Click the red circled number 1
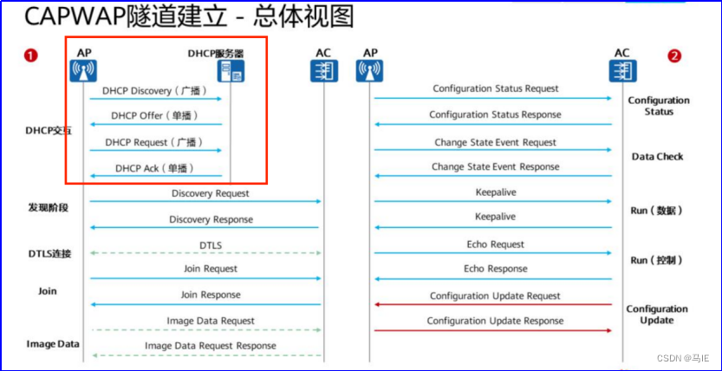(31, 56)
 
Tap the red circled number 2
(674, 56)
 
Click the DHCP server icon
(231, 71)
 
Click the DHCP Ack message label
(154, 168)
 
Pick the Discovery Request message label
(211, 193)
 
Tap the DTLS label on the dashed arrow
(211, 245)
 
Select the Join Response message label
(209, 295)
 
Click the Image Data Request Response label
(211, 346)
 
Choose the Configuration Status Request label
(496, 88)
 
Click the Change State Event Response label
(496, 166)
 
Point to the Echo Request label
(496, 244)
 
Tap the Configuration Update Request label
(496, 296)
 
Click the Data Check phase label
(657, 157)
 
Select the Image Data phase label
(52, 344)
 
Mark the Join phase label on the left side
(47, 291)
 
